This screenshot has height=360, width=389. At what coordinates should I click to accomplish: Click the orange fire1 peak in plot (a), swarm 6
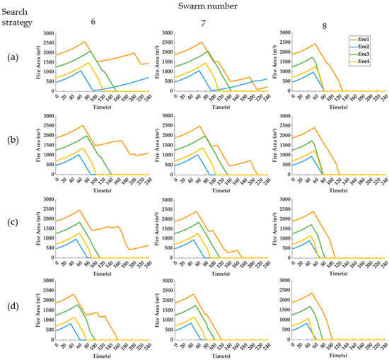[84, 42]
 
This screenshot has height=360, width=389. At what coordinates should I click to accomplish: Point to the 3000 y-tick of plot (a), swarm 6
[48, 33]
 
